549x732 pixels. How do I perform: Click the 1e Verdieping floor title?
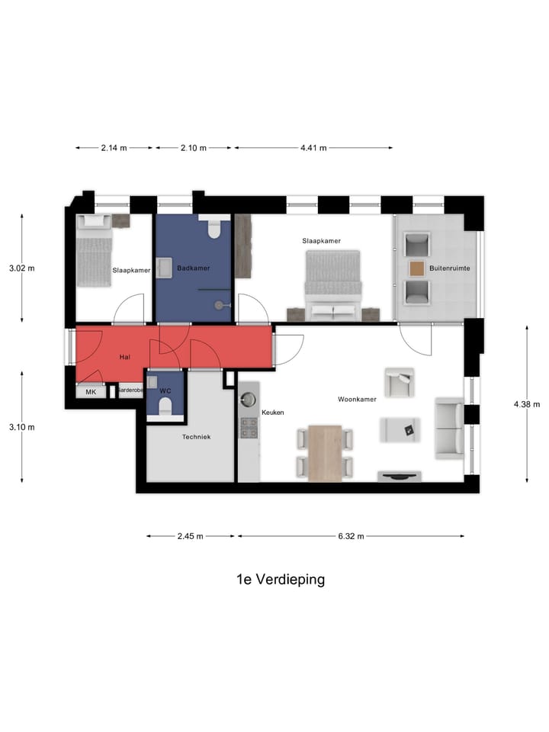281,579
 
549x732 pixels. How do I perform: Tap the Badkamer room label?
193,268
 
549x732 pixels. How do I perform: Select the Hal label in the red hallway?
125,356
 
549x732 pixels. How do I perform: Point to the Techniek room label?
196,437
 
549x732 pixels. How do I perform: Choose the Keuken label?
272,413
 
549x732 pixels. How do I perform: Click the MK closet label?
91,392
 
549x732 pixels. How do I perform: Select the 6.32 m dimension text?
351,536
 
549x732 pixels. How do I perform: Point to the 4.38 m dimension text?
526,405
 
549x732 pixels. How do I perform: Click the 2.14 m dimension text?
114,148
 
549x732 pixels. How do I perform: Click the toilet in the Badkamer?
214,227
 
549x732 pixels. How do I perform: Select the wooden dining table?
326,453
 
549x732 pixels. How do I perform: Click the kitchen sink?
249,398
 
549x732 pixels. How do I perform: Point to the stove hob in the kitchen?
249,429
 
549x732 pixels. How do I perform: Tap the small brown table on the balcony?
417,268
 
